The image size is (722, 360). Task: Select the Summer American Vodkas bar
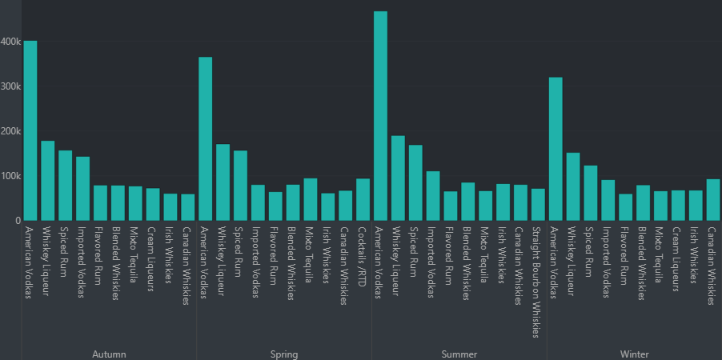tap(380, 116)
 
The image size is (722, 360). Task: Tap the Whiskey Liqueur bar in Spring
tap(223, 182)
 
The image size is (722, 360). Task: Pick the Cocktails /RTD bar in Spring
tap(363, 199)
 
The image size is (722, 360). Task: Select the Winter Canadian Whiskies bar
tap(713, 200)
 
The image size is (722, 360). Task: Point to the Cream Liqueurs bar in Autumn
tap(153, 205)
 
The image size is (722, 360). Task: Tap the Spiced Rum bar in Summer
tap(415, 182)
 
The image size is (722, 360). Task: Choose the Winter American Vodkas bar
tap(556, 149)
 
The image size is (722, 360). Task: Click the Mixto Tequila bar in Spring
tap(311, 199)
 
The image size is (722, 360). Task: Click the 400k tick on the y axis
tap(10, 42)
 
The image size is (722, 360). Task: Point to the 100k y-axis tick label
tap(10, 176)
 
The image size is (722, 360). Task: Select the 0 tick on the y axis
tap(16, 221)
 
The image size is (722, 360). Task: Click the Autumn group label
tap(109, 354)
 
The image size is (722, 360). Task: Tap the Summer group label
tap(459, 354)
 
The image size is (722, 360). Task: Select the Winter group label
tap(635, 354)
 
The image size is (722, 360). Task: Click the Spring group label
tap(284, 354)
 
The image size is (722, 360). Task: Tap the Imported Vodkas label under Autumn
tap(82, 261)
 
